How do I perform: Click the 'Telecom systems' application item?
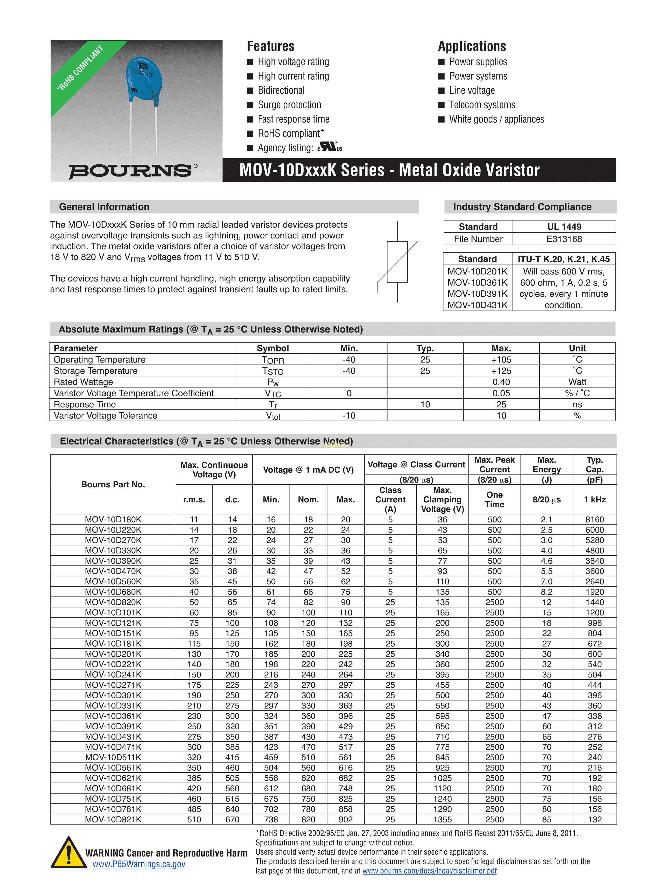(482, 105)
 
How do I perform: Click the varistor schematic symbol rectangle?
(397, 262)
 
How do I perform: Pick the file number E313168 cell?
(564, 239)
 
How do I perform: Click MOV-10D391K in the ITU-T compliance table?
(477, 294)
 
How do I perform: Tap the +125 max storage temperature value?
(501, 371)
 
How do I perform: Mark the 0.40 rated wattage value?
(501, 382)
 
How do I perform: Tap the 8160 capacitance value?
(594, 519)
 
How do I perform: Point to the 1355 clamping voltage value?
(442, 819)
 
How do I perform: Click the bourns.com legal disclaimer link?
(429, 871)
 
